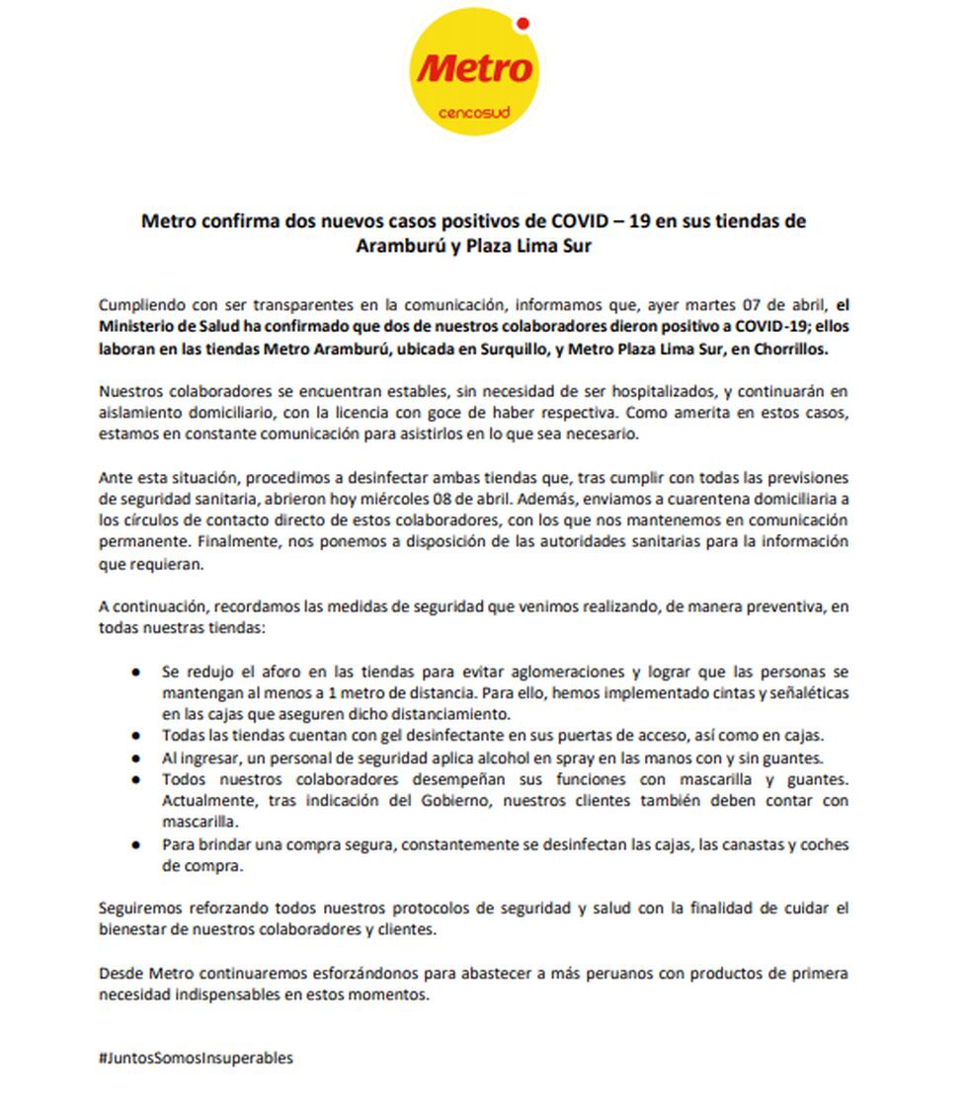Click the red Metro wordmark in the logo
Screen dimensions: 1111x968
point(474,70)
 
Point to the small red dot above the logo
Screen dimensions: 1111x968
point(523,22)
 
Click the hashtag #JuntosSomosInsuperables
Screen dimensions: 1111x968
point(196,1058)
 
